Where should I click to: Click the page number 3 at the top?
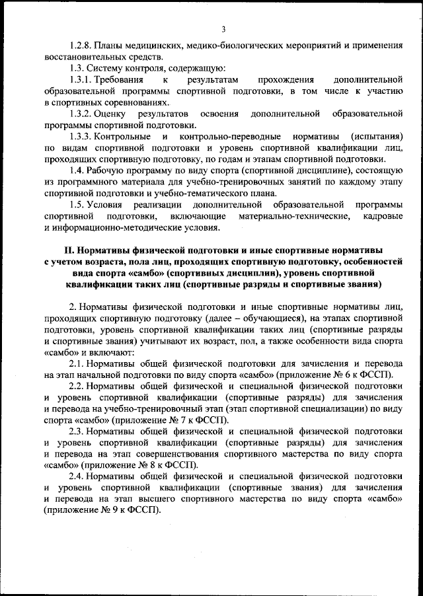pyautogui.click(x=223, y=28)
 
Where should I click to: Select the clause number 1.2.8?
pyautogui.click(x=81, y=46)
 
